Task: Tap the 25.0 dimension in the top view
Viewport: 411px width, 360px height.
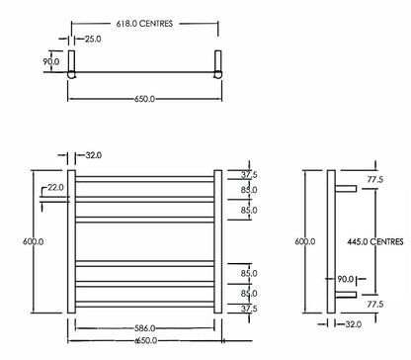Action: coord(92,40)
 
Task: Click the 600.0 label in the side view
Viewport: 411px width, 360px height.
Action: coord(304,240)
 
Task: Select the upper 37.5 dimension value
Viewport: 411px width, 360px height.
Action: coord(248,173)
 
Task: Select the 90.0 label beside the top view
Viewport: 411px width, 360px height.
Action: coord(50,60)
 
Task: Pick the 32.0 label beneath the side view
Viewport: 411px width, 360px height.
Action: coord(354,324)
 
